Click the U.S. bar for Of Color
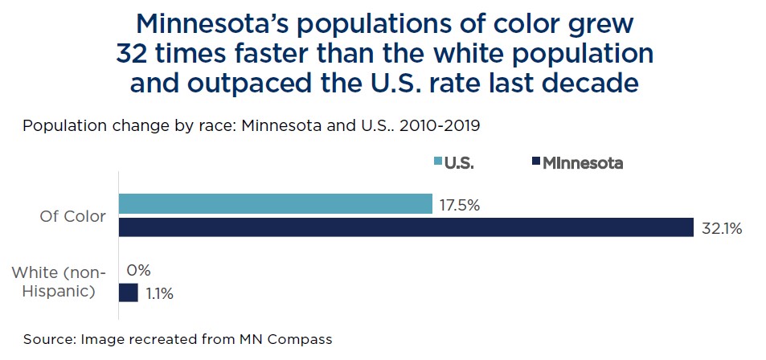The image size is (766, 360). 275,204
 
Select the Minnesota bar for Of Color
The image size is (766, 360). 406,227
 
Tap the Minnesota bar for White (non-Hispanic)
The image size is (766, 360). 129,292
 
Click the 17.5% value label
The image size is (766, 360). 460,205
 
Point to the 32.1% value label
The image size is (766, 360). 720,228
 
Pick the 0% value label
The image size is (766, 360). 139,271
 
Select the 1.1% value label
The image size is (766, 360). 159,293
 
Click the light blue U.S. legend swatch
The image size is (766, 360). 438,162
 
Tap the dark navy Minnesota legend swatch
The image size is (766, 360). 535,162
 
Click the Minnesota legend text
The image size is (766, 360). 583,163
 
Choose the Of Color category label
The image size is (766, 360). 72,216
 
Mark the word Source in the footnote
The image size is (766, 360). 47,339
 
